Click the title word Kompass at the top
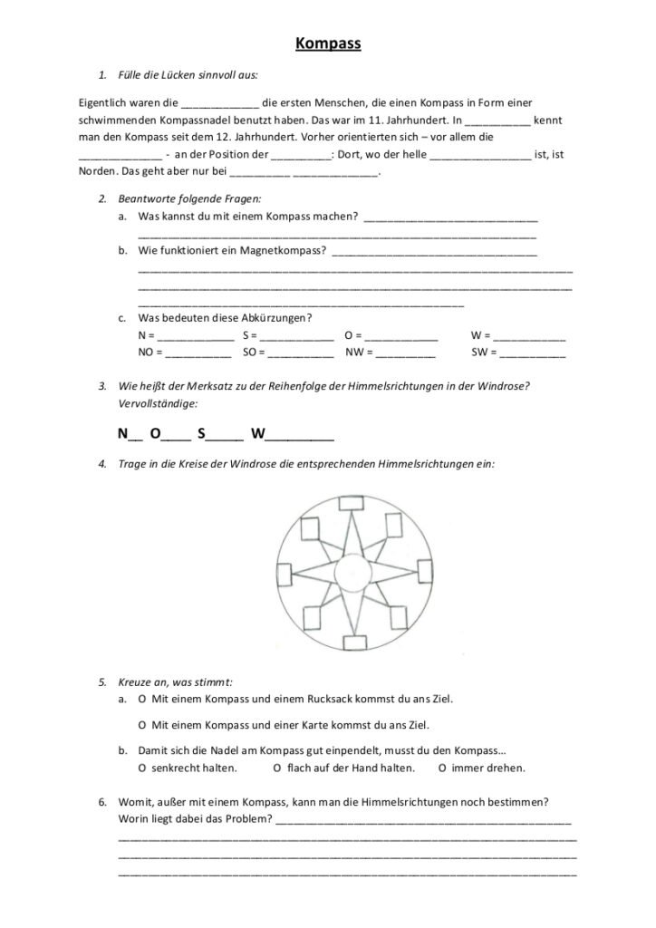[x=328, y=43]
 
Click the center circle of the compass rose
[x=352, y=573]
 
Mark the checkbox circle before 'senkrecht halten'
[x=142, y=768]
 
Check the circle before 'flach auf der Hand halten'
[x=276, y=768]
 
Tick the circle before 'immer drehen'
[x=442, y=768]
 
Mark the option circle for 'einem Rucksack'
[x=142, y=700]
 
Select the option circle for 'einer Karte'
[x=142, y=725]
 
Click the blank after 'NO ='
[x=192, y=353]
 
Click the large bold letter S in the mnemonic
[x=200, y=433]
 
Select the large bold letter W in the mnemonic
[x=258, y=433]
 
